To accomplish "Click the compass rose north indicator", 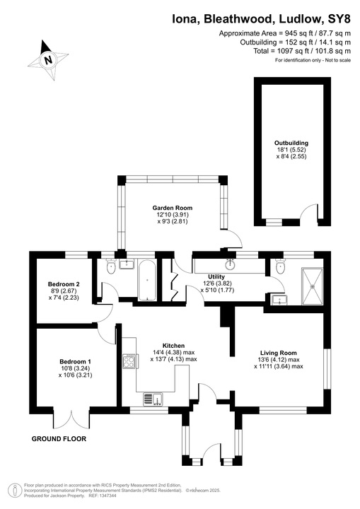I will [x=47, y=57].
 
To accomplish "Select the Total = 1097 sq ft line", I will [x=295, y=51].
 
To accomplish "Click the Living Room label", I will [x=278, y=352].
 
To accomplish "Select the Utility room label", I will [x=216, y=276].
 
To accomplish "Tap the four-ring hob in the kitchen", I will [x=130, y=362].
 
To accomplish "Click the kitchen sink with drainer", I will [x=153, y=399].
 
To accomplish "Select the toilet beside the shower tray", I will [x=281, y=267].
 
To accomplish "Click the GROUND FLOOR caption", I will [x=59, y=439].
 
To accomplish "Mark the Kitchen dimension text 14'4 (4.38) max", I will [x=173, y=352].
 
